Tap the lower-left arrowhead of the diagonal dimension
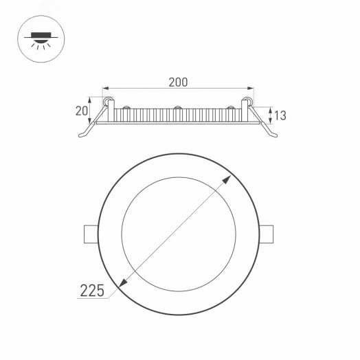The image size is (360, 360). (x=123, y=282)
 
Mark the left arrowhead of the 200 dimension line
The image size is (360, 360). (x=105, y=89)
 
